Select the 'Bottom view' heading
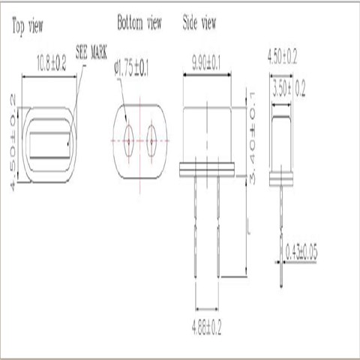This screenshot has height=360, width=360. click(139, 22)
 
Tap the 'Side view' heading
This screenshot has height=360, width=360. click(199, 22)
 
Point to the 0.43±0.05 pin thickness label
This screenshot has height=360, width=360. click(300, 253)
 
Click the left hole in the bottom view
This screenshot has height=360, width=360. click(129, 139)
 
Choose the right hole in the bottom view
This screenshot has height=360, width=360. click(153, 139)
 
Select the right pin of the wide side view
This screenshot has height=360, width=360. click(218, 225)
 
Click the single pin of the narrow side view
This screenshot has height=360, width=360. click(281, 232)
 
